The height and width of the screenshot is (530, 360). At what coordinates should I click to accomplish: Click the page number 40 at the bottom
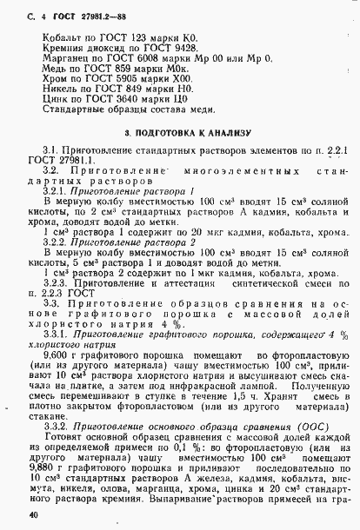[x=36, y=516]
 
